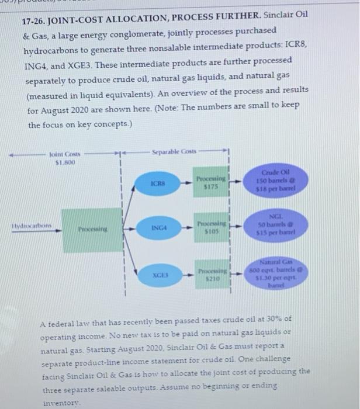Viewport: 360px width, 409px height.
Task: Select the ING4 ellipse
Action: [157, 231]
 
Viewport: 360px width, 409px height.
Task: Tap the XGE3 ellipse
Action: [157, 273]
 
